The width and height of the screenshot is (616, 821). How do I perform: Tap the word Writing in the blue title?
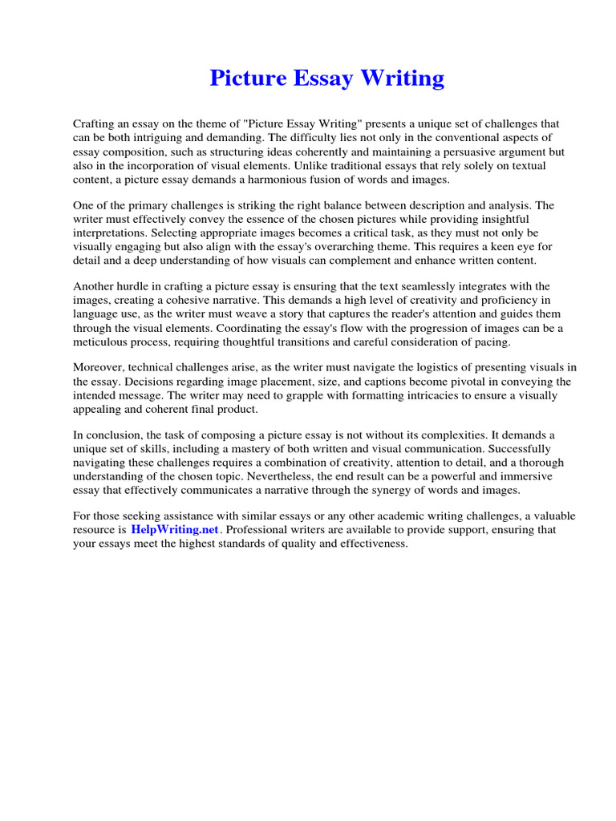click(x=404, y=79)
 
